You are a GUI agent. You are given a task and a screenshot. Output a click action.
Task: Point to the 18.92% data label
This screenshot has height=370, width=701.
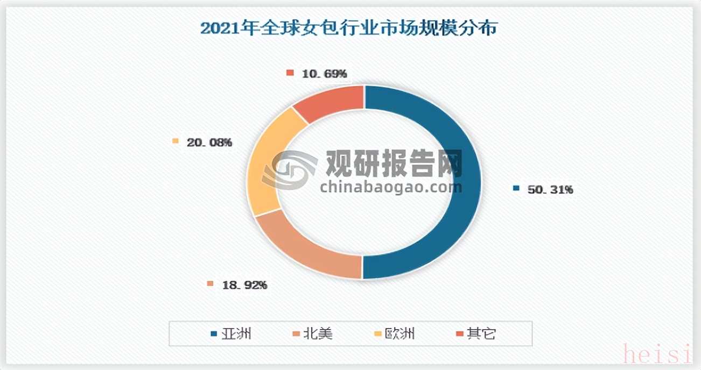(244, 285)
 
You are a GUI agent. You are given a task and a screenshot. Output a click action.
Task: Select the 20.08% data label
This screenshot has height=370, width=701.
(209, 143)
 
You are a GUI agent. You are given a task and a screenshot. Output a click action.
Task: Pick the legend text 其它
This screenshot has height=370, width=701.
(481, 334)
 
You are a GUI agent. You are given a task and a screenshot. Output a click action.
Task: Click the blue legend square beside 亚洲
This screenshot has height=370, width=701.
(214, 335)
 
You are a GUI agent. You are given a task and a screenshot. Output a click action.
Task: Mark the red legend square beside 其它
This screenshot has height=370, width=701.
(458, 335)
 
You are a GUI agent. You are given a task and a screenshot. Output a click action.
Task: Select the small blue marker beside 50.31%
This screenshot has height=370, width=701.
(516, 189)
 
